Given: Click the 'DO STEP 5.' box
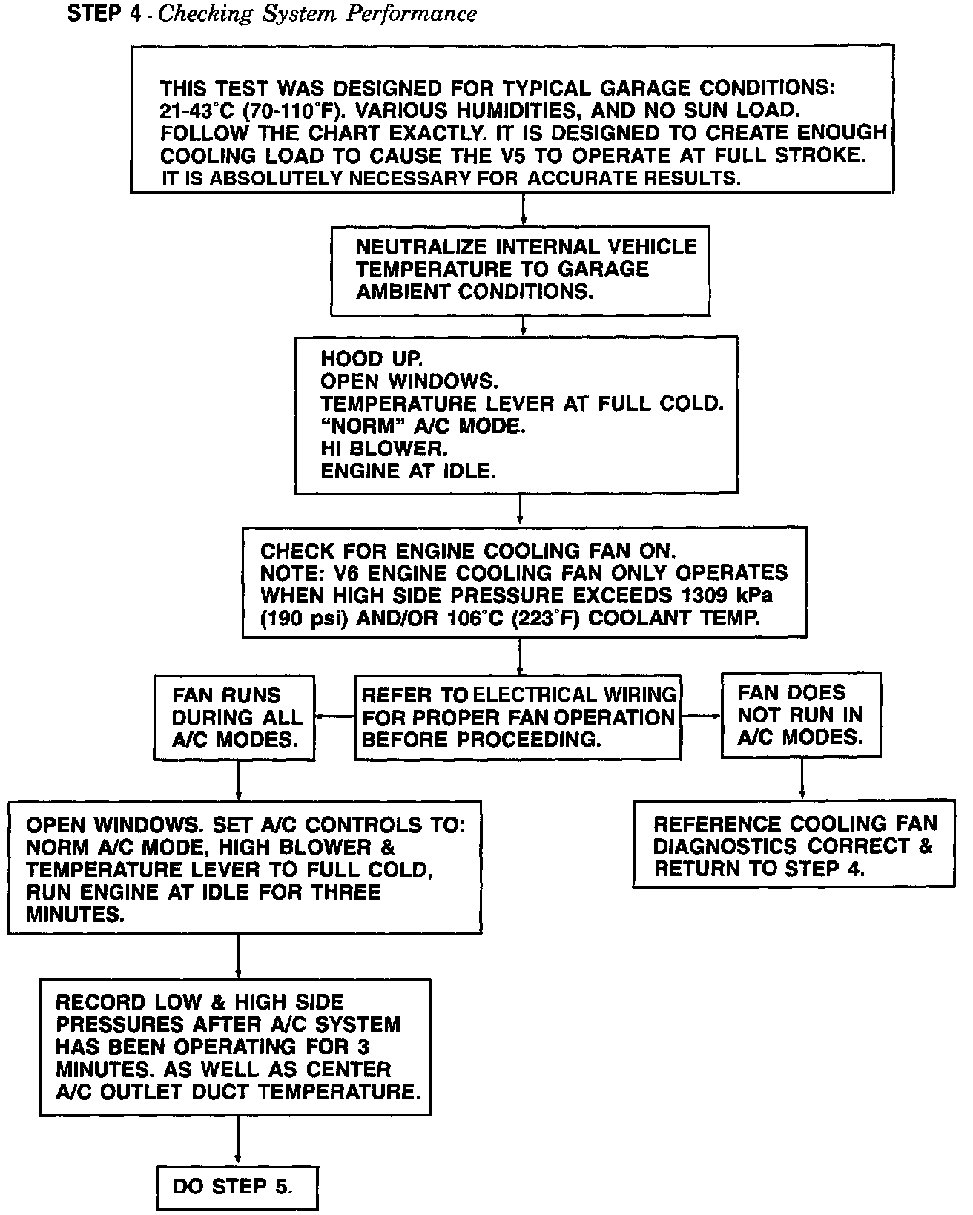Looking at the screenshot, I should tap(237, 1188).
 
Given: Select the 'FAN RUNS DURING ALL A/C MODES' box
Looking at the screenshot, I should tap(234, 717).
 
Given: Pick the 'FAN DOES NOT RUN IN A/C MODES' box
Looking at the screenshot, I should tap(801, 715).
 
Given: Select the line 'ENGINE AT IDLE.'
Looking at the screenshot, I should tap(408, 471).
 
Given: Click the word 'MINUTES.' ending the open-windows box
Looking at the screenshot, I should tap(74, 915).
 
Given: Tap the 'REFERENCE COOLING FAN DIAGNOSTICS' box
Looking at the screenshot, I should tap(794, 846).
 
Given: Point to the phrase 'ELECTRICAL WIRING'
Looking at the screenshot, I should tap(575, 695).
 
